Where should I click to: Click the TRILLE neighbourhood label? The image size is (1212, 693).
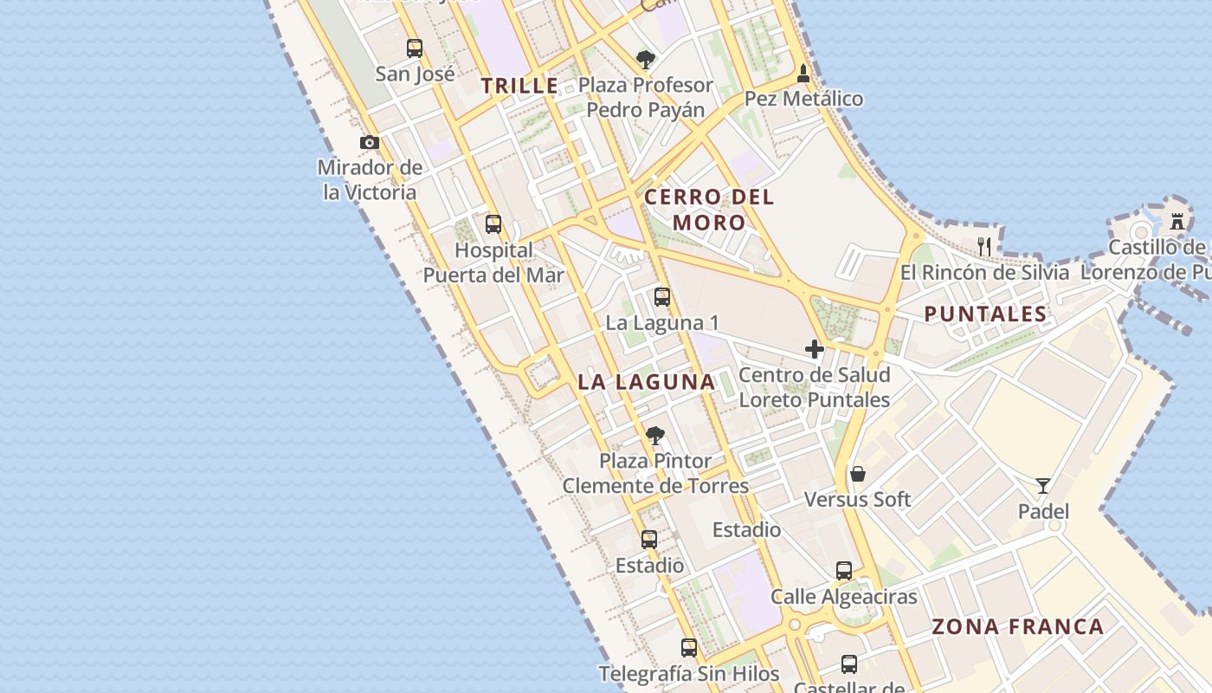519,86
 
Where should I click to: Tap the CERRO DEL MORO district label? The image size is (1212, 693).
709,210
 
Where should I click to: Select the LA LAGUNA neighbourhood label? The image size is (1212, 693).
646,381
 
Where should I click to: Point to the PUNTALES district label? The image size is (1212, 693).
985,314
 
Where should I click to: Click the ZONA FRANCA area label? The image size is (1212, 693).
1017,626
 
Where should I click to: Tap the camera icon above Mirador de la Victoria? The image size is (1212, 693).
370,142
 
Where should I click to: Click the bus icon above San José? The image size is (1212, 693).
415,49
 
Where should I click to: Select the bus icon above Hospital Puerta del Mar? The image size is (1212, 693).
493,224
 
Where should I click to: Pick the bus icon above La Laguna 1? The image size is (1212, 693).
662,297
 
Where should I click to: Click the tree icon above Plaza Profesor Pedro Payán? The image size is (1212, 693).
645,60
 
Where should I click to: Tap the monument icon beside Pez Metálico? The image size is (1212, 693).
803,74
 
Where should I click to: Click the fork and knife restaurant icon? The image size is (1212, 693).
984,246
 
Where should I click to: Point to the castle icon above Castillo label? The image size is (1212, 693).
1177,221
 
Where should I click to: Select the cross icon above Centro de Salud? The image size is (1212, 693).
815,349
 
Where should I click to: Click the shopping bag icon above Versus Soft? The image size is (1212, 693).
858,474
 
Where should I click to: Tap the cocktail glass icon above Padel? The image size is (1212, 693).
1043,486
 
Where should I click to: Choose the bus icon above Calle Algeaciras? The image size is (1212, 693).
844,571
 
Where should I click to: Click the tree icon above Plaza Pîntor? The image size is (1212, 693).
655,435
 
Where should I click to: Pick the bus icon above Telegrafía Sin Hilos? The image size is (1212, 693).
689,647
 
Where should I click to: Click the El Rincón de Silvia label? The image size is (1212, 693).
984,272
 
